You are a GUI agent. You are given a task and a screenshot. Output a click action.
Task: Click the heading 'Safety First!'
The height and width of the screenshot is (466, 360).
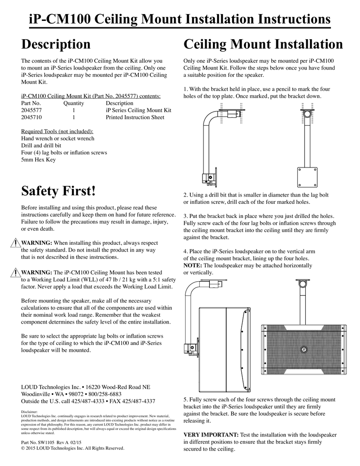point(59,191)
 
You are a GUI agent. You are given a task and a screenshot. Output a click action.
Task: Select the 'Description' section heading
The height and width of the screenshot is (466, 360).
point(56,44)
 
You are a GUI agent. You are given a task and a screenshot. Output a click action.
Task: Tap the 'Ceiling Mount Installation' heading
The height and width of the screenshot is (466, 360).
point(263,44)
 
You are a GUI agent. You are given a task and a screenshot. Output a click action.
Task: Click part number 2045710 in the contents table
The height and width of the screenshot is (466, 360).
point(31,117)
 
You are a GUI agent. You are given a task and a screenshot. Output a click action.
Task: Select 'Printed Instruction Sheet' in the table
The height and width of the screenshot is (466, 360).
point(135,117)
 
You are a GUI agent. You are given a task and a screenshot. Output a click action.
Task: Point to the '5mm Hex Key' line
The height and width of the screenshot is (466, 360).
point(38,160)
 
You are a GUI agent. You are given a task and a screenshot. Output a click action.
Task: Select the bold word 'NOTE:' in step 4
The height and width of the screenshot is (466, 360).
point(193,265)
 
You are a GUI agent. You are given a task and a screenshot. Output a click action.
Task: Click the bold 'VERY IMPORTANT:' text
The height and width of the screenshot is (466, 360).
point(210,435)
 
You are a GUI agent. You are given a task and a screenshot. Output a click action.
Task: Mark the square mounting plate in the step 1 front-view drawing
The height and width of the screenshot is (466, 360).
point(308,177)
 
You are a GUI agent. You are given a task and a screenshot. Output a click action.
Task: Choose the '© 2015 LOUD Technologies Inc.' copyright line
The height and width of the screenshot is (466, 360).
point(73,448)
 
